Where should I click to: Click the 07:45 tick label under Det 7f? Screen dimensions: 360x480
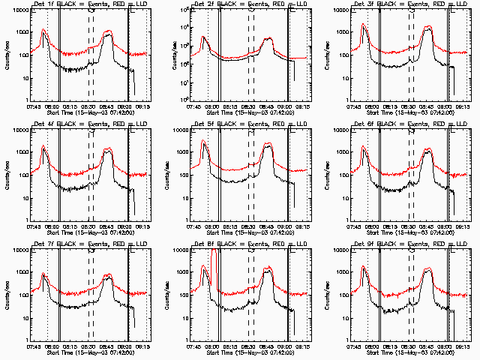point(33,346)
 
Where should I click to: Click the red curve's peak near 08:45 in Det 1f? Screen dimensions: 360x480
point(109,32)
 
